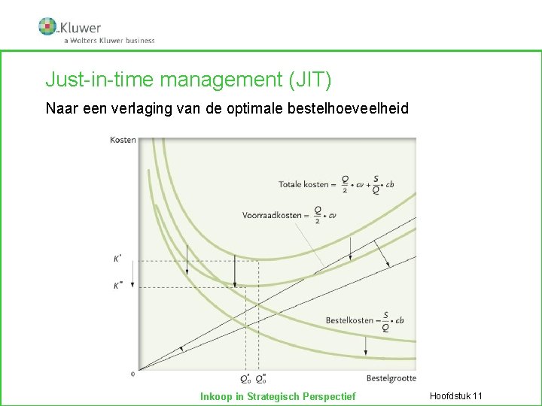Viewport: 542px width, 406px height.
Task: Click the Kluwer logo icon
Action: (x=48, y=26)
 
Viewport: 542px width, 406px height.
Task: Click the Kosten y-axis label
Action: (x=123, y=140)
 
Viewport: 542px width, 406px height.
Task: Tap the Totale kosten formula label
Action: (x=336, y=184)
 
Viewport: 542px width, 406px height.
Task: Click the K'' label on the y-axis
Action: (x=119, y=286)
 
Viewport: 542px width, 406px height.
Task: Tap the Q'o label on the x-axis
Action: (x=245, y=378)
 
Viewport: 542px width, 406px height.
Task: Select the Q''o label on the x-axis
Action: (x=260, y=378)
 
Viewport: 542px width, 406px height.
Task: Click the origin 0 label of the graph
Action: (x=132, y=373)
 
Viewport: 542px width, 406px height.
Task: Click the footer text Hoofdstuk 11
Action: (x=455, y=396)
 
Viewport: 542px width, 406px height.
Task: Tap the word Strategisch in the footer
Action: (x=273, y=396)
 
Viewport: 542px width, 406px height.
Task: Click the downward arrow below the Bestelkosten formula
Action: (x=365, y=345)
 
